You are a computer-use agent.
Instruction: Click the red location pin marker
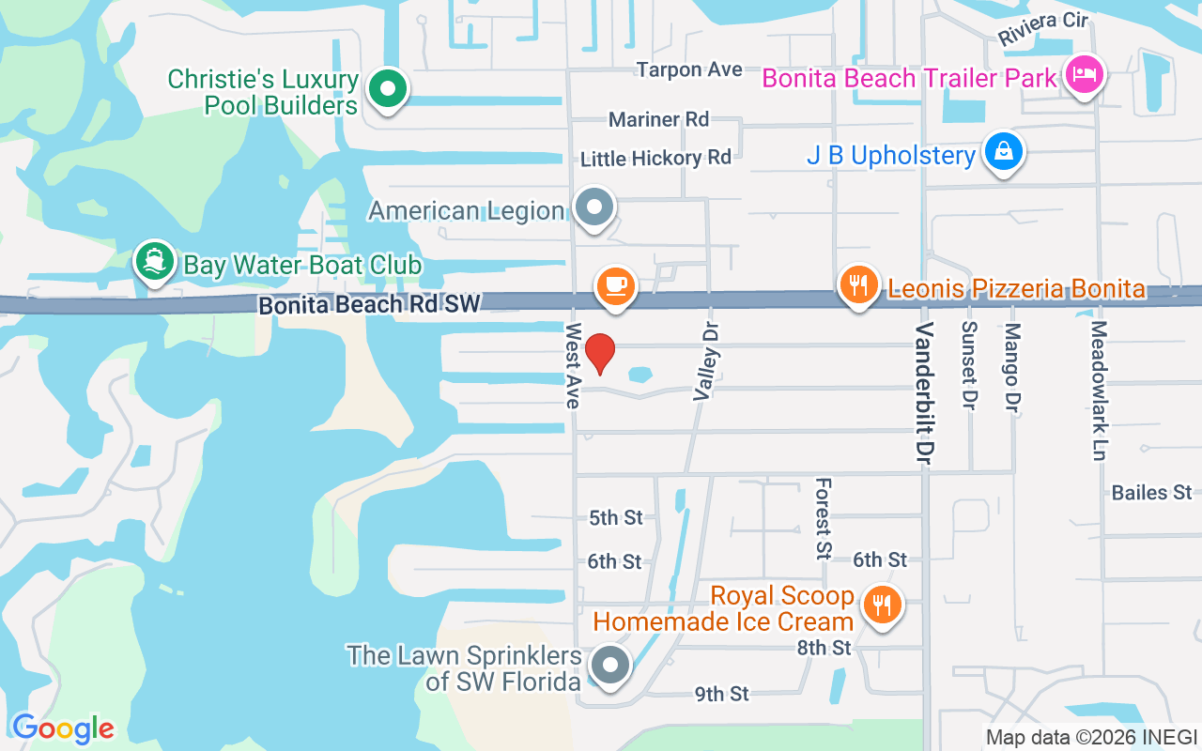[x=599, y=353]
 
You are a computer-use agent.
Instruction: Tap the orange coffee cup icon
[x=615, y=284]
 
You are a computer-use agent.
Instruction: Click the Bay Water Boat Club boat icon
[x=153, y=261]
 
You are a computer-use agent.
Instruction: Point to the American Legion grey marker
[x=593, y=207]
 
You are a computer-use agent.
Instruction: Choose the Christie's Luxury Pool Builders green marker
[x=386, y=90]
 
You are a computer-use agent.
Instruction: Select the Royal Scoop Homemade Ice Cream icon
[x=881, y=605]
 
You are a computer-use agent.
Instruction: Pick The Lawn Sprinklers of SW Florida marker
[x=611, y=665]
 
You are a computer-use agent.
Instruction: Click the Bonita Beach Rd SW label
[x=369, y=304]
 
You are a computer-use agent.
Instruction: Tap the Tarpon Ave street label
[x=689, y=69]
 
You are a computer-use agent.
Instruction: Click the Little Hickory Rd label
[x=655, y=158]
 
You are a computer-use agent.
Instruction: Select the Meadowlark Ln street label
[x=1099, y=391]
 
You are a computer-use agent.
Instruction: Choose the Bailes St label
[x=1151, y=493]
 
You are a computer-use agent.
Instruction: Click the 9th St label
[x=721, y=694]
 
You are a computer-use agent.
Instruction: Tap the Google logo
[x=63, y=728]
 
